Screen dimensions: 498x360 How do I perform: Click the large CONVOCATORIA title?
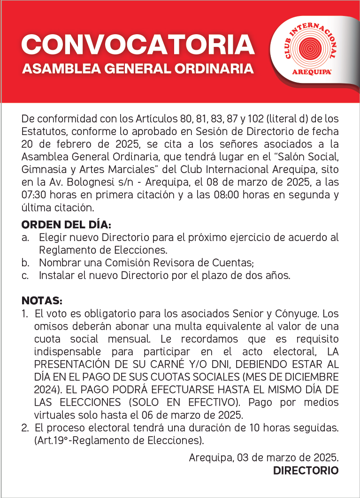(138, 45)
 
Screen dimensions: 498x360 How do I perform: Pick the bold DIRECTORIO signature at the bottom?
(306, 470)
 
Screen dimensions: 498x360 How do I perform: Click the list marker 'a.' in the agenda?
(25, 238)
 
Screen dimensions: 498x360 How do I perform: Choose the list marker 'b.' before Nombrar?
(25, 263)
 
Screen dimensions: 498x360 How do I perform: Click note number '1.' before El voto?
(25, 313)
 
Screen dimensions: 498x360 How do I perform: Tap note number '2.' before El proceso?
(25, 428)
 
